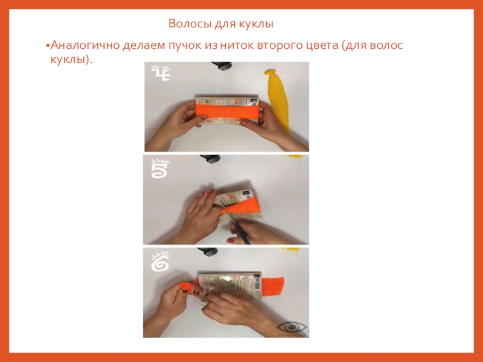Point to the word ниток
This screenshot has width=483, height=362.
(x=237, y=45)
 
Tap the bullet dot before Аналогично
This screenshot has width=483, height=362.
(x=48, y=46)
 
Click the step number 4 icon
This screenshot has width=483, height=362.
(x=160, y=72)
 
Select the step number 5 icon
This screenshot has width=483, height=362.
(x=160, y=168)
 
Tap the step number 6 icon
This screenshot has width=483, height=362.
(x=160, y=262)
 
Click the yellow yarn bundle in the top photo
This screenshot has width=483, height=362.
(x=277, y=98)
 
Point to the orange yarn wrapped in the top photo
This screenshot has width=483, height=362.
(x=227, y=111)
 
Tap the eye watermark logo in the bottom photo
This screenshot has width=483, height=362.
(x=292, y=328)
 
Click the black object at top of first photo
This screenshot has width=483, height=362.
(x=222, y=65)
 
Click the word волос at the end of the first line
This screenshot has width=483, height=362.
(x=386, y=45)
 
